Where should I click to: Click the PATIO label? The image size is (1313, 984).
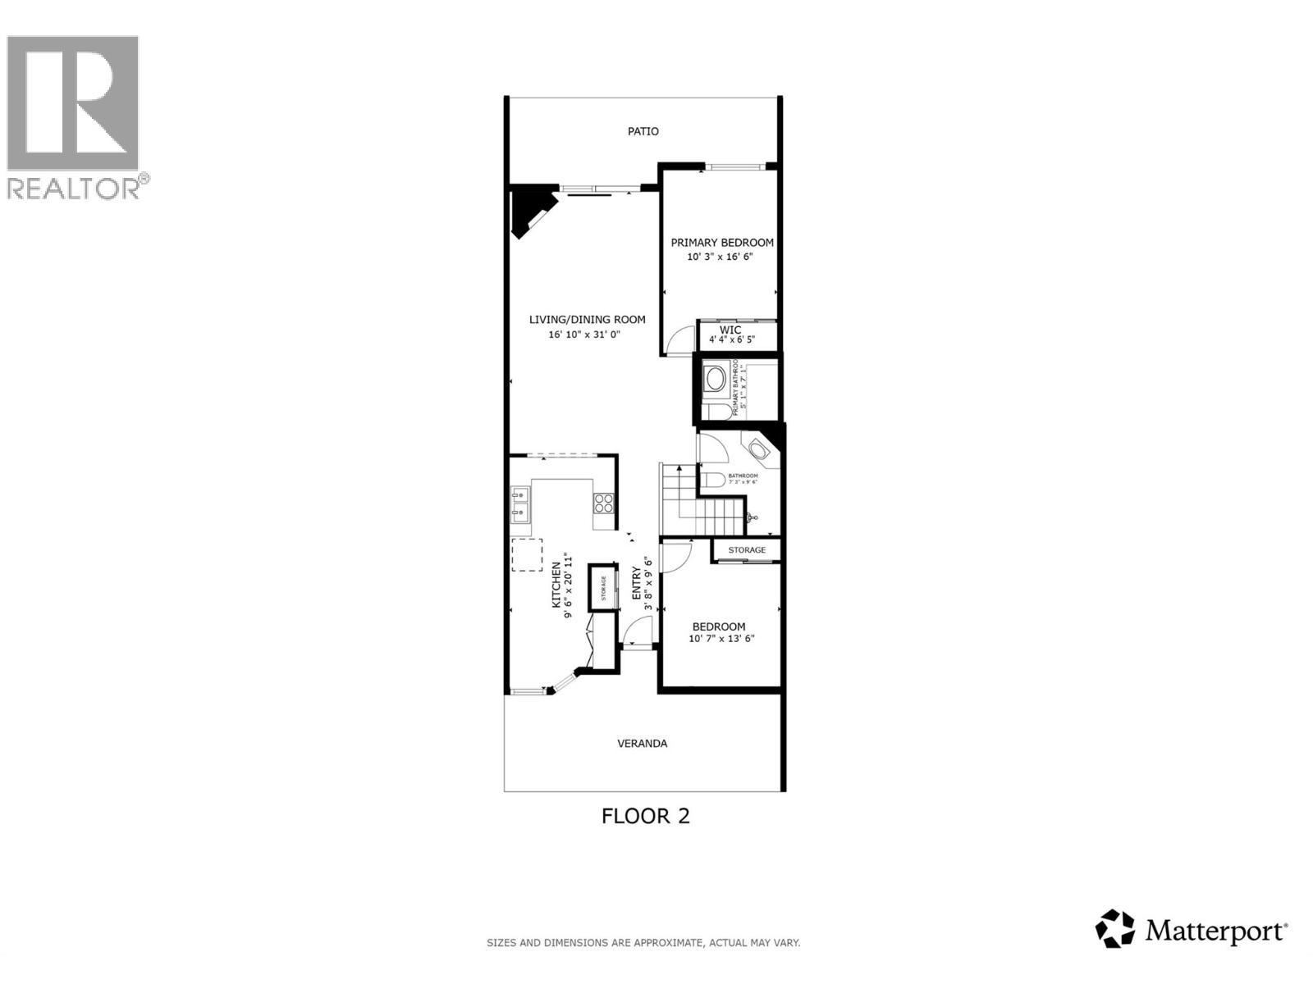coord(643,131)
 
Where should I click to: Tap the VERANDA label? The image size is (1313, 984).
coord(642,744)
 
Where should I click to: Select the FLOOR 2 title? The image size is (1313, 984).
coord(645,816)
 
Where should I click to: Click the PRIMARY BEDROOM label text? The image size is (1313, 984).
coord(722,243)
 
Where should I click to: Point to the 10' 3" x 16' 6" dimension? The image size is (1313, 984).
coord(720,257)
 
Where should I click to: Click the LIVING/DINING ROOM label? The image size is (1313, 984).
coord(587,320)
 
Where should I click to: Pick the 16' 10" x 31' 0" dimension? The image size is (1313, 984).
coord(584,335)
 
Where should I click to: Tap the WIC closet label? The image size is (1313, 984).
coord(730,330)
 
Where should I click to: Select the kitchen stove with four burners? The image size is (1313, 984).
coord(603,503)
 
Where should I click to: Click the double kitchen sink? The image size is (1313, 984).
coord(519,504)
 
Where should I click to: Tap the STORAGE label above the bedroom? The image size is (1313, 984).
coord(747,549)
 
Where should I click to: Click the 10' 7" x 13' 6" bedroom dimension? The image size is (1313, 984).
coord(721,639)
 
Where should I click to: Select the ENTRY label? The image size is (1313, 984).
coord(636,584)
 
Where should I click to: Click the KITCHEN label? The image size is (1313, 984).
coord(556,584)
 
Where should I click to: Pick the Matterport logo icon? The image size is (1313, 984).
coord(1115,928)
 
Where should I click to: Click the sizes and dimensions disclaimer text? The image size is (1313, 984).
coord(643,943)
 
